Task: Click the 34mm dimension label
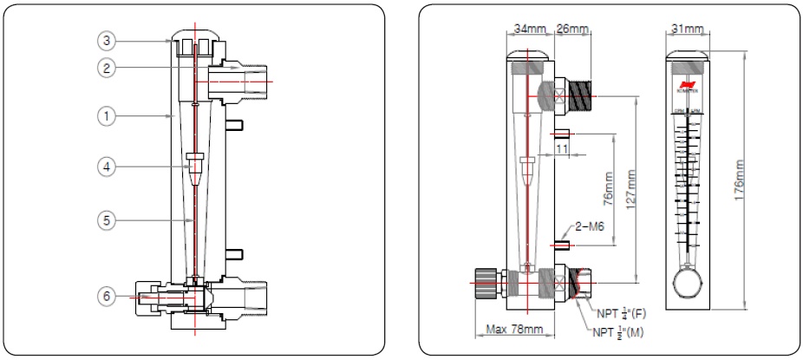point(529,29)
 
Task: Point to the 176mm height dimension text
point(740,180)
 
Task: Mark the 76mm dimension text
point(608,195)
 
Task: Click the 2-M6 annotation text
point(591,228)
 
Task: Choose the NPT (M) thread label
point(622,331)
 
